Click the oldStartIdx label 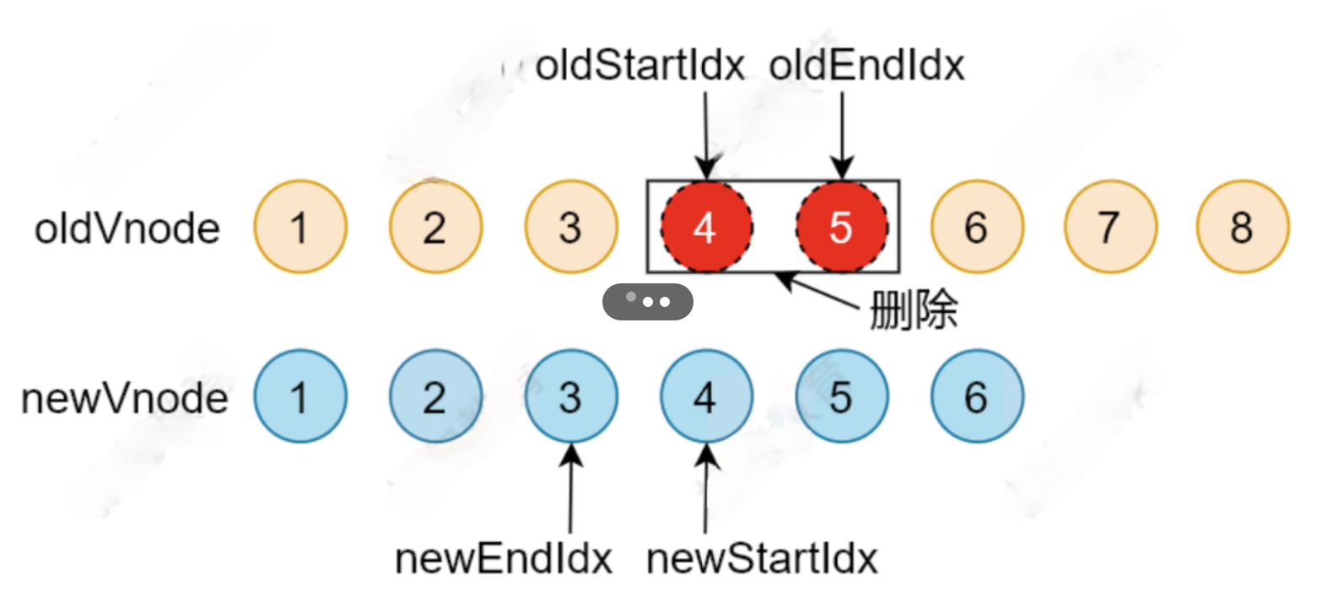coord(640,66)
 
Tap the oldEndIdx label coord(866,66)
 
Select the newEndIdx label coord(504,558)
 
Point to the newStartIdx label coord(762,558)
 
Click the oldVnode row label coord(127,229)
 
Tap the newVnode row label coord(125,398)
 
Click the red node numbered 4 coord(706,227)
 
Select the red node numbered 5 coord(841,227)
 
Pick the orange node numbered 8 coord(1242,227)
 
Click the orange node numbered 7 coord(1109,227)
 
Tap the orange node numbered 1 coord(300,227)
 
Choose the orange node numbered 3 coord(571,227)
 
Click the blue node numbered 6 coord(977,397)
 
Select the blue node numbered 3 coord(571,397)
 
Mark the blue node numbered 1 coord(300,397)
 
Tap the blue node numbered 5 coord(841,397)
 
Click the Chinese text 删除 coord(914,310)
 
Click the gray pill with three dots coord(647,301)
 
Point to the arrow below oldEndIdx coord(842,135)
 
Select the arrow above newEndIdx coord(571,489)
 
